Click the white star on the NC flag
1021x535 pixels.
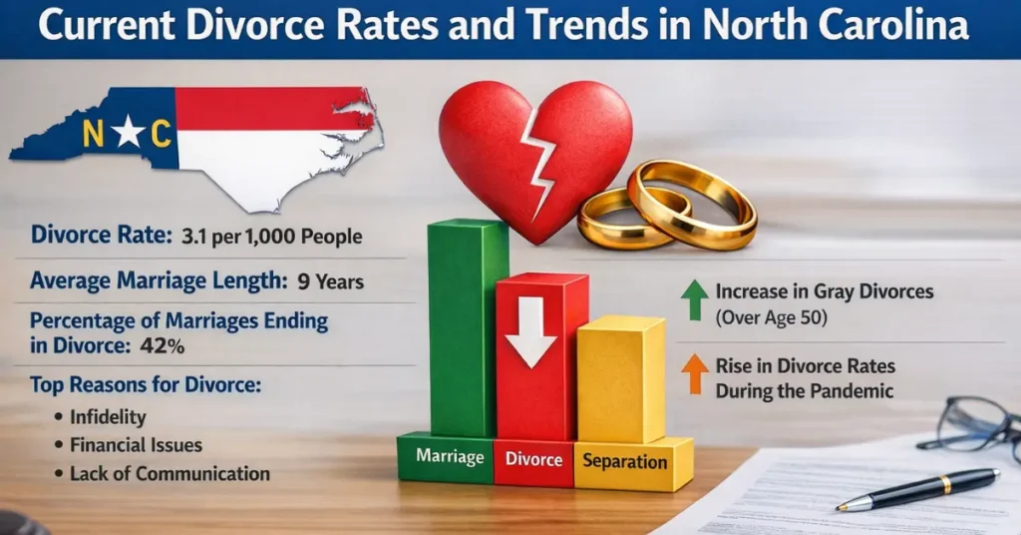(x=127, y=132)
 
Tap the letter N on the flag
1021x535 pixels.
(x=93, y=134)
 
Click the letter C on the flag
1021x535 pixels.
(x=161, y=134)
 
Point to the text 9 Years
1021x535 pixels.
(x=331, y=281)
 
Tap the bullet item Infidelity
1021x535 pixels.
(x=108, y=416)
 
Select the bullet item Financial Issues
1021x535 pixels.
(x=136, y=445)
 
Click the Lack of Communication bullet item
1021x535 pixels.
(x=170, y=473)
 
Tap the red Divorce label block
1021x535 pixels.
(x=532, y=460)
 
